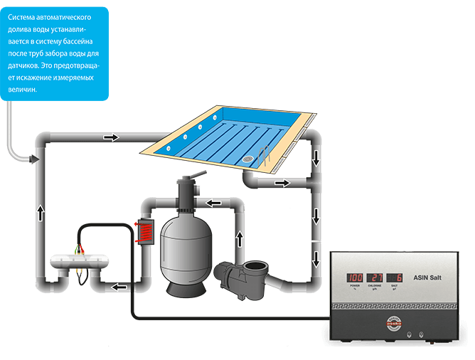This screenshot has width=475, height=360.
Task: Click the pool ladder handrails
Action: click(x=267, y=155)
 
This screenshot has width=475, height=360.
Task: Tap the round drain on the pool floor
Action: click(x=248, y=160)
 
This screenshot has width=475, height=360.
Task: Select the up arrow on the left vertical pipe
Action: click(x=41, y=211)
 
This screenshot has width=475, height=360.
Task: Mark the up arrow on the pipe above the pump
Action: click(x=240, y=237)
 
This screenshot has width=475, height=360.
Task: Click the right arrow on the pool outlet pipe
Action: click(x=282, y=183)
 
